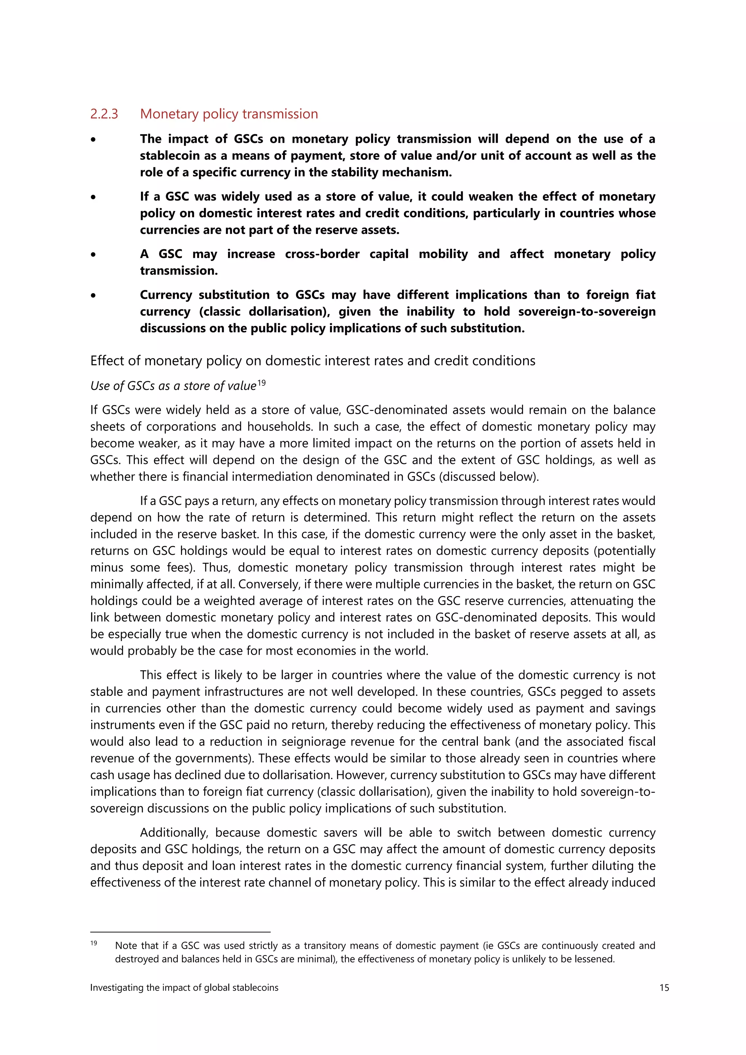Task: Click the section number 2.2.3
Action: pyautogui.click(x=104, y=114)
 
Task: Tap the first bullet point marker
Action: pyautogui.click(x=93, y=140)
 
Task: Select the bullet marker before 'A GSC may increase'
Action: pyautogui.click(x=93, y=255)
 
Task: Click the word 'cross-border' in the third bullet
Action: pyautogui.click(x=322, y=254)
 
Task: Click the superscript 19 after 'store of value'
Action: pyautogui.click(x=261, y=383)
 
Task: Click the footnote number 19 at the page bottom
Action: pyautogui.click(x=94, y=943)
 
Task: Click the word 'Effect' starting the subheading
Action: pyautogui.click(x=105, y=361)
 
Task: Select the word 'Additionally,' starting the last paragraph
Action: pyautogui.click(x=173, y=833)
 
